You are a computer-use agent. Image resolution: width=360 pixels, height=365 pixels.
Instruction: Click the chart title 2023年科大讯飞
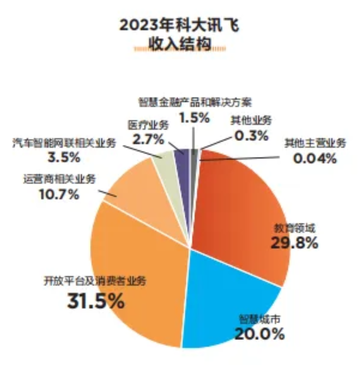coord(179,25)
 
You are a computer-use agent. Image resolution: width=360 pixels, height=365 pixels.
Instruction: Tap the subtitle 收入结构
coord(180,44)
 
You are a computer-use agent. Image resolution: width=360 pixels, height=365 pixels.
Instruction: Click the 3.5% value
coord(64,157)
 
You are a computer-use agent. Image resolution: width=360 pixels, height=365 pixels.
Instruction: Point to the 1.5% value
coord(194,118)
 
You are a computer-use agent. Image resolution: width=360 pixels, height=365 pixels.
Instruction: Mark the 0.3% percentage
coord(251,136)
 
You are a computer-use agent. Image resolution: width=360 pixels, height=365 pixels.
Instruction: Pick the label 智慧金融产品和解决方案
coord(195,102)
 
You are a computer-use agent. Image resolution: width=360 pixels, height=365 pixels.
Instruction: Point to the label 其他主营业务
coord(315,143)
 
